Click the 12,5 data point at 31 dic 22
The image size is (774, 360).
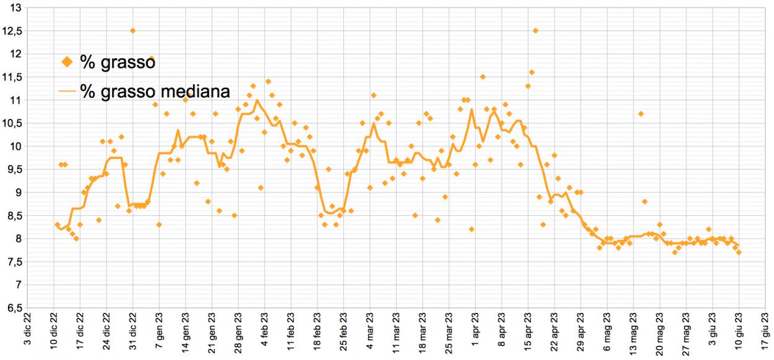(x=132, y=30)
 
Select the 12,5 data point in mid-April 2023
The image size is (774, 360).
(x=535, y=30)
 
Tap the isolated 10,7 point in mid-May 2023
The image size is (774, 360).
(x=641, y=114)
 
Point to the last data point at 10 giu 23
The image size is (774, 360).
(x=739, y=252)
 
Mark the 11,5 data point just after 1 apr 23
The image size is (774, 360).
(x=483, y=77)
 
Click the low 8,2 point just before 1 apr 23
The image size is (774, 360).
(x=471, y=229)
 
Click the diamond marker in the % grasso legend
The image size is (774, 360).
(x=68, y=62)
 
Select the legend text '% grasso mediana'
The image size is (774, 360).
(x=155, y=92)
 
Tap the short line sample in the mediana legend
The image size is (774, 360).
(x=67, y=92)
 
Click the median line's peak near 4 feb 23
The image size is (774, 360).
(x=257, y=100)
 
